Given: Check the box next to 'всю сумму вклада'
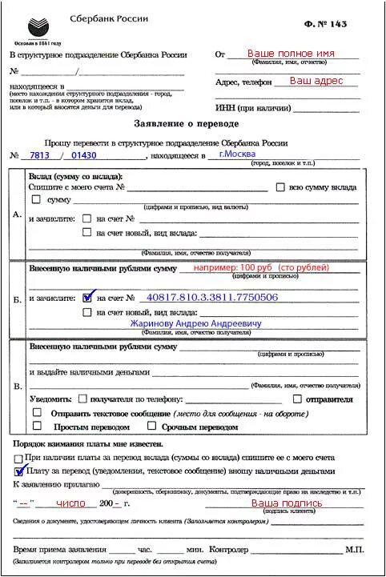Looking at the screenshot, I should coord(280,187).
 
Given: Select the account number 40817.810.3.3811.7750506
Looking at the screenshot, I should coord(212,297).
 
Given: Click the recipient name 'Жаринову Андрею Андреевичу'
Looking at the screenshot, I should coord(196,323).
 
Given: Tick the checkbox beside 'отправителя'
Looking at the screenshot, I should coord(297,398).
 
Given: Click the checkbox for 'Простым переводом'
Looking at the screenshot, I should coord(36,427).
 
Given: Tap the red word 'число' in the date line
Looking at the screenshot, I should coord(71,504).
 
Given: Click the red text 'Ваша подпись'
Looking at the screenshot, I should coord(287,503).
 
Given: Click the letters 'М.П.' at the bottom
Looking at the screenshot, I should coord(355,551).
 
